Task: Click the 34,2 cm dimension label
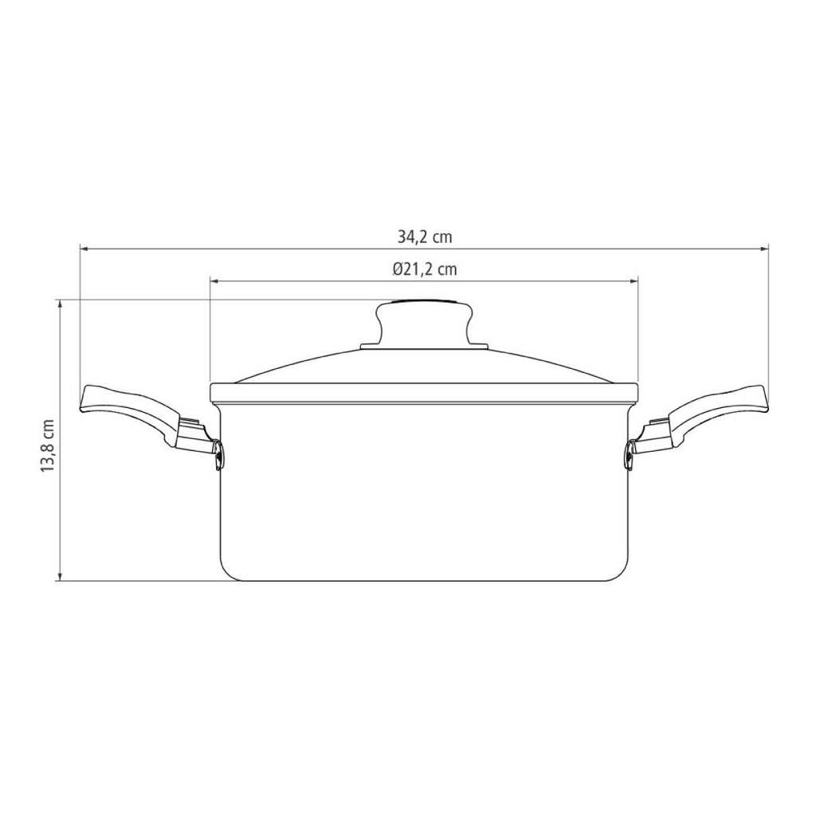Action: coord(425,237)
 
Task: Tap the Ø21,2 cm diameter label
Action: coord(426,269)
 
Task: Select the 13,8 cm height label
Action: coord(47,446)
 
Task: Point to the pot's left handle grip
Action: coord(133,414)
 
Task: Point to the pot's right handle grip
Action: coord(716,414)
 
